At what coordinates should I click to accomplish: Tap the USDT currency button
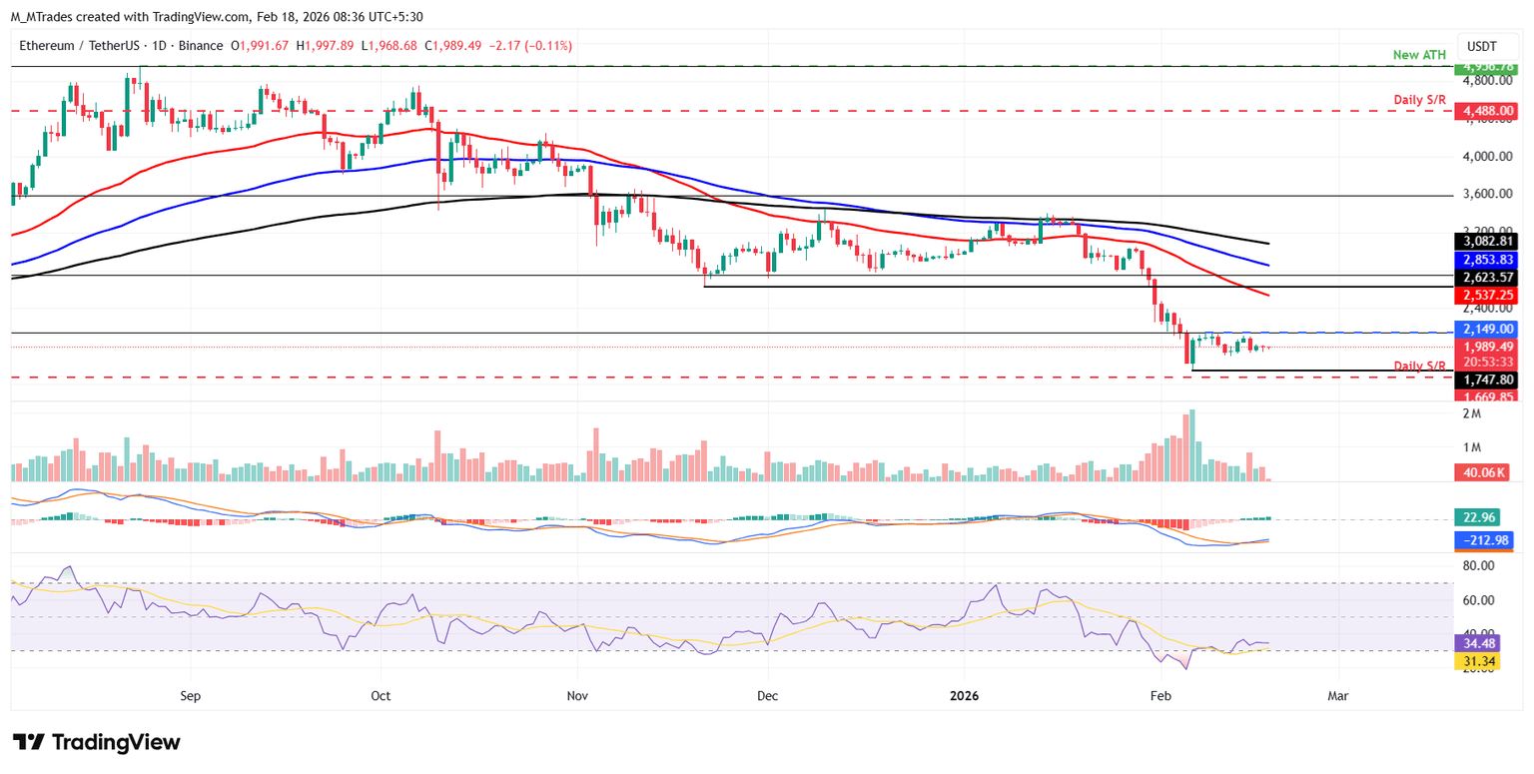(1485, 46)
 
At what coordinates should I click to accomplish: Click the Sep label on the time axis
(192, 695)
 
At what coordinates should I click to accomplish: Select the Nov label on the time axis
(578, 695)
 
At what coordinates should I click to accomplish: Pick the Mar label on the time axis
(1338, 695)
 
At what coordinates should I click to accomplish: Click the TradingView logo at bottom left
(97, 742)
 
